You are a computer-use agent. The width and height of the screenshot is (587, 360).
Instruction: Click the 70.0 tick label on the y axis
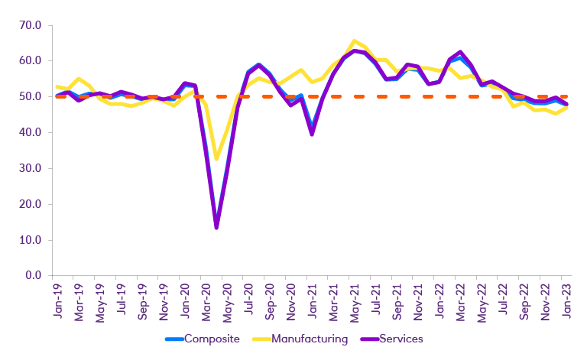pos(30,25)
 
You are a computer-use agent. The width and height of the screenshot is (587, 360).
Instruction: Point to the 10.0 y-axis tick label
pos(30,240)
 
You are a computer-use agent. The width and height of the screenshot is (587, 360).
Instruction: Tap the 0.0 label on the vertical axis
pos(33,276)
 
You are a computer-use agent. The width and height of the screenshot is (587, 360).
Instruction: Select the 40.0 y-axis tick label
pos(30,132)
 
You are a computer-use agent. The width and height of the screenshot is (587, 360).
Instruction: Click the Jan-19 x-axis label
pos(57,299)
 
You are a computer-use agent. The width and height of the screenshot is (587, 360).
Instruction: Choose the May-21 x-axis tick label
pos(355,299)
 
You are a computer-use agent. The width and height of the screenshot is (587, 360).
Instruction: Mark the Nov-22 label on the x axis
pos(545,299)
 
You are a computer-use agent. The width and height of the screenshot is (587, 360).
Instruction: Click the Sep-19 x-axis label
pos(142,299)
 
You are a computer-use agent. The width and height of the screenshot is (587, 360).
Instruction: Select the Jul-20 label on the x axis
pos(248,299)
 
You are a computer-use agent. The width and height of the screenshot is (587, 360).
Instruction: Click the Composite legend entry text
pos(212,339)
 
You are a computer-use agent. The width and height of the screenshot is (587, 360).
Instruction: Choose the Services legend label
pos(401,339)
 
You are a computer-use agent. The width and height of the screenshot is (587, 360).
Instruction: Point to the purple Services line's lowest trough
pos(216,228)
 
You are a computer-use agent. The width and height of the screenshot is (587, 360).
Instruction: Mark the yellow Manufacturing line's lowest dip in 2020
pos(216,159)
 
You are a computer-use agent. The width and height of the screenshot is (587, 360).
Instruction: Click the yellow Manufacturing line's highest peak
pos(354,41)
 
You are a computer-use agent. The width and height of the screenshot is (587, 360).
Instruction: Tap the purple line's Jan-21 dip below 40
pos(311,135)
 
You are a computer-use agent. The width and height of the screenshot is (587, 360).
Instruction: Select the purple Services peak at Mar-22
pos(460,52)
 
